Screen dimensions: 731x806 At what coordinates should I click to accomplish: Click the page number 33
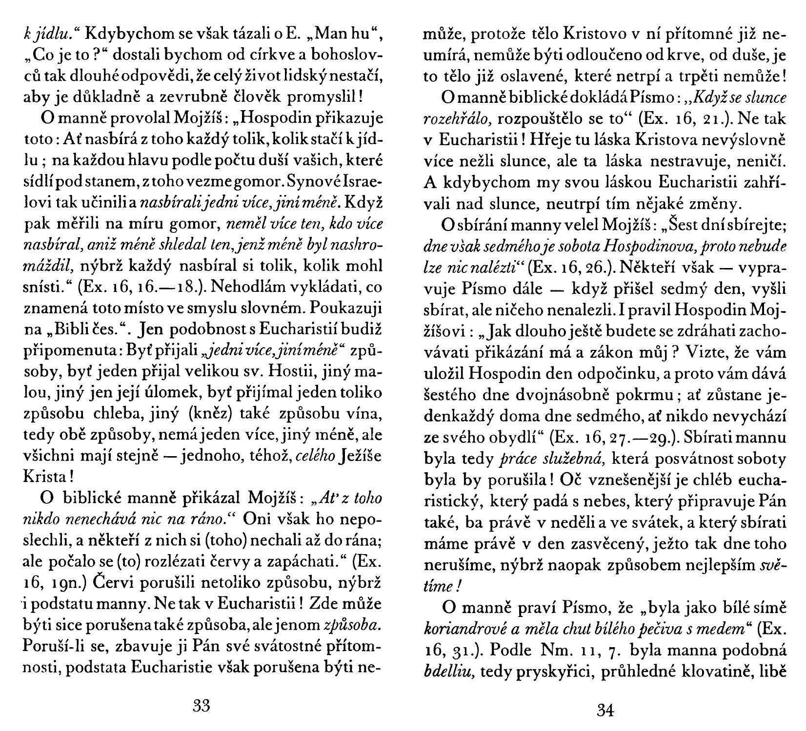201,705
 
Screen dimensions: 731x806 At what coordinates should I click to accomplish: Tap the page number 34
604,711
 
